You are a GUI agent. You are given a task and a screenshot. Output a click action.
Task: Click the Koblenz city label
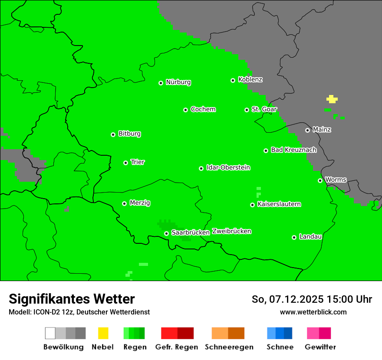[250, 79]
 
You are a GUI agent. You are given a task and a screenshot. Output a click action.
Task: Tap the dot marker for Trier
[125, 163]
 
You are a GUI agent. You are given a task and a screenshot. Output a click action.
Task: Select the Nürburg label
[178, 82]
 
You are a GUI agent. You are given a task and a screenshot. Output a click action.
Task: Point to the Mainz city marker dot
[307, 130]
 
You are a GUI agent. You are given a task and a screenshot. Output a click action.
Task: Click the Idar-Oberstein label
[228, 167]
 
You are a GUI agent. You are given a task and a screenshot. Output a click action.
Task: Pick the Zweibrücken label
[231, 231]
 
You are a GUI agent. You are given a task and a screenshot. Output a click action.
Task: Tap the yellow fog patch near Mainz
[332, 99]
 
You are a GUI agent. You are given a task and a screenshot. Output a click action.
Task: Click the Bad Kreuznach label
[293, 150]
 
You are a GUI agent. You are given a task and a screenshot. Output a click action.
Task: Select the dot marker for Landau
[294, 237]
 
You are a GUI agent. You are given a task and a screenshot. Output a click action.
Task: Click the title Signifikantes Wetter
[72, 299]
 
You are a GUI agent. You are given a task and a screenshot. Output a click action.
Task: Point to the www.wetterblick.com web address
[313, 312]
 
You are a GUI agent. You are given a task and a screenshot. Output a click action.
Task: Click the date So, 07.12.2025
[287, 299]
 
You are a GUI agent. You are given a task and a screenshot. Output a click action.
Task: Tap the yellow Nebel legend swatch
[103, 333]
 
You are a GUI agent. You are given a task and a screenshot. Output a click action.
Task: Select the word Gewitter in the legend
[320, 347]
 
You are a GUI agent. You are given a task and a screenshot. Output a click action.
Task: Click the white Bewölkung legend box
[50, 333]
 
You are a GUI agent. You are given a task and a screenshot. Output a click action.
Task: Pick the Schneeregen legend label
[229, 347]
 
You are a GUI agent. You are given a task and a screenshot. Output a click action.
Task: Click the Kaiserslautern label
[279, 204]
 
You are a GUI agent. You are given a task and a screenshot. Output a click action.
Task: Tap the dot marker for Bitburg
[113, 134]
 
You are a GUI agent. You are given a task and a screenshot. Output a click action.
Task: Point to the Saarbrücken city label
[190, 232]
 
